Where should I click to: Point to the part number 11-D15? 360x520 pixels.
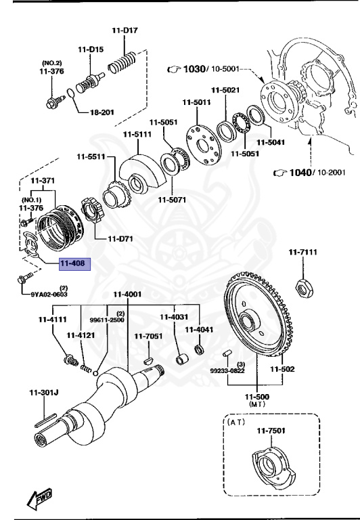(x=90, y=49)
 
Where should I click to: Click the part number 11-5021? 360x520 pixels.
(x=225, y=90)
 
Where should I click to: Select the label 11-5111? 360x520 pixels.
(x=137, y=134)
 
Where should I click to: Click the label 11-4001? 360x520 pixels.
(x=127, y=294)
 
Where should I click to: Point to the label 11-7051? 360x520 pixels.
(x=148, y=336)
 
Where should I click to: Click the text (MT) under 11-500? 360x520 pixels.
(x=257, y=404)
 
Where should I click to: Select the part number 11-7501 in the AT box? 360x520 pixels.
(x=271, y=431)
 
